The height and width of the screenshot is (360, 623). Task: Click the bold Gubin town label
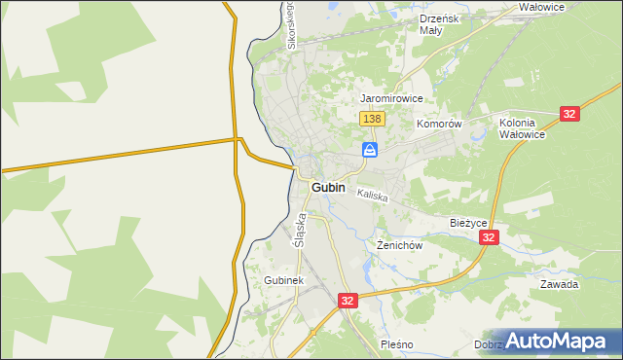coord(331,186)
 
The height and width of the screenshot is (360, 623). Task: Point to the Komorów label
coord(438,125)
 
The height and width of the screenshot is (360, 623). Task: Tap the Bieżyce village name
coord(467,223)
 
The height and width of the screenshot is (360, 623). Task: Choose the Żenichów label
coord(399,245)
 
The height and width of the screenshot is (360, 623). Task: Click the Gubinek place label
coord(284,280)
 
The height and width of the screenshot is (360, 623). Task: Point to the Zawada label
coord(560,284)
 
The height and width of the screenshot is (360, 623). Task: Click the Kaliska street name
coord(372,196)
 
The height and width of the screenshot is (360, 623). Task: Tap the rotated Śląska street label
coord(301,231)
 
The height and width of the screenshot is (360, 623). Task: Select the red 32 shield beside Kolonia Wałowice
coord(570,114)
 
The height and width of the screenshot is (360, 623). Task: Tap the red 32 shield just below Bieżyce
coord(490,237)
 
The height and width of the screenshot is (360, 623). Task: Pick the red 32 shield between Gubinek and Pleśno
coord(348,302)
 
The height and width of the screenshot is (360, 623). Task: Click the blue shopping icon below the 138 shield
coord(371,149)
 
